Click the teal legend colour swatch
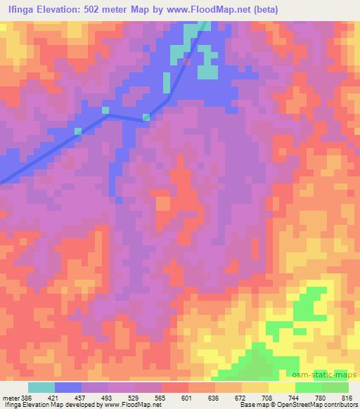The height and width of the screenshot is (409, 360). tap(41, 387)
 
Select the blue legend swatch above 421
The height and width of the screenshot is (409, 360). tap(68, 387)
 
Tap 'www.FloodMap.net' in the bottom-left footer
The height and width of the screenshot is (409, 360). tap(129, 405)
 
